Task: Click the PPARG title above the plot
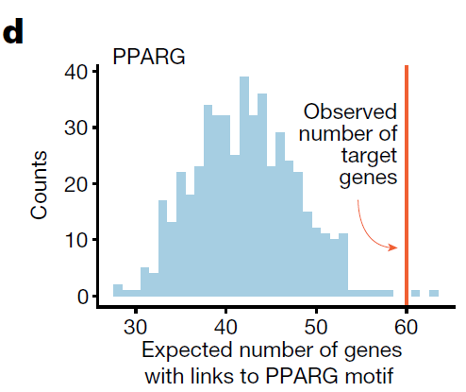(x=149, y=57)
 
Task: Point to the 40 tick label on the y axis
(x=75, y=72)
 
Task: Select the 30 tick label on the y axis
(x=75, y=128)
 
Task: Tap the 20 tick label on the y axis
(x=75, y=184)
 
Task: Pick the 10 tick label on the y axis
(x=75, y=240)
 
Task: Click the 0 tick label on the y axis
(x=82, y=297)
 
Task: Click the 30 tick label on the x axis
(x=135, y=327)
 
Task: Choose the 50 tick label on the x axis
(x=316, y=327)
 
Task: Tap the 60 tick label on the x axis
(x=407, y=327)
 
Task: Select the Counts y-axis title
(x=39, y=185)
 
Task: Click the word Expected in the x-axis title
(x=188, y=350)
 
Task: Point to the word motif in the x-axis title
(x=367, y=376)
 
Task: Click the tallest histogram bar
(x=244, y=186)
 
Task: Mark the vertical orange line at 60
(x=407, y=185)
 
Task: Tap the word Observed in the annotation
(x=350, y=111)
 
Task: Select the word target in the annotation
(x=369, y=156)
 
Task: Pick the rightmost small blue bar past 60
(x=434, y=293)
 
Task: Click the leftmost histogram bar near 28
(x=118, y=290)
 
